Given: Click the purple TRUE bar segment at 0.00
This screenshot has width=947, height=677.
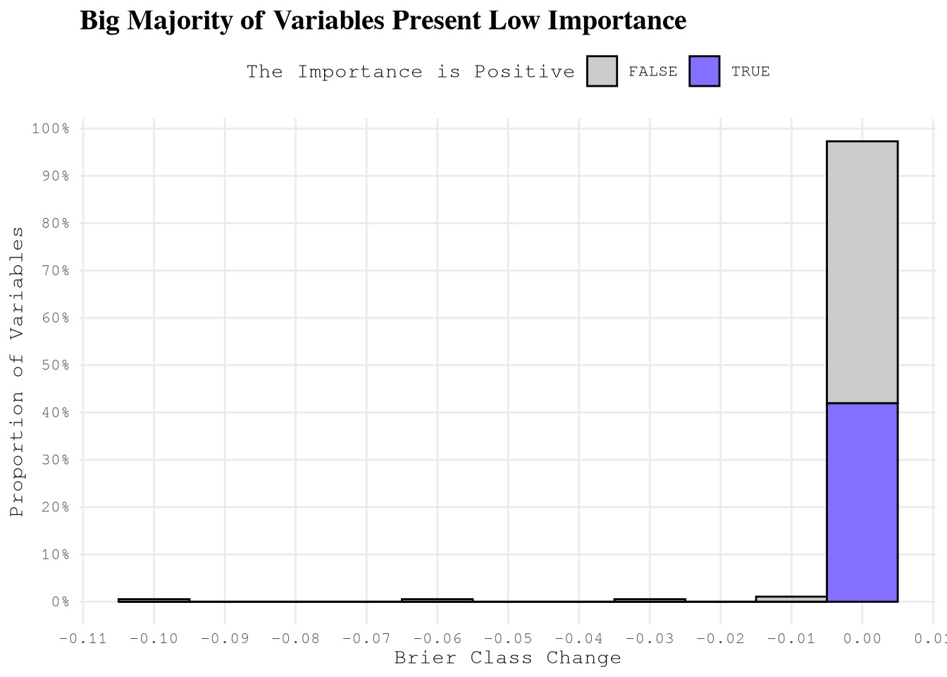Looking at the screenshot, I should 862,502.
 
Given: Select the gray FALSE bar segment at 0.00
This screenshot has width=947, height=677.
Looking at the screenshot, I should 862,272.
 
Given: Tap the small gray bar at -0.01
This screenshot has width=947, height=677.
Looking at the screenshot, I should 791,599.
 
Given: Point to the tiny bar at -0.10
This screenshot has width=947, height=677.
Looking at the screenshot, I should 154,600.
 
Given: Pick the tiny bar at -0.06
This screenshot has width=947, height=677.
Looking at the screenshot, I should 437,600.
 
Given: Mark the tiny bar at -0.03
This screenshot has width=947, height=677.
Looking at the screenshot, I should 649,600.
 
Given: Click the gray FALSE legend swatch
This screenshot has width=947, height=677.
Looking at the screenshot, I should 602,71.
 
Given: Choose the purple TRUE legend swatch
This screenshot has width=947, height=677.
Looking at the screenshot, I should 705,71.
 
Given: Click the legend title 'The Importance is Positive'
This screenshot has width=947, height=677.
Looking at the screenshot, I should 410,72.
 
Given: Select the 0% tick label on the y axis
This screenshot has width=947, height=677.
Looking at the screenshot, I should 59,602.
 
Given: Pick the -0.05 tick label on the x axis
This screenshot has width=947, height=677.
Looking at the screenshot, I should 507,639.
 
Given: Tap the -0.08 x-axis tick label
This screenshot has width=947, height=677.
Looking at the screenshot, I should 295,639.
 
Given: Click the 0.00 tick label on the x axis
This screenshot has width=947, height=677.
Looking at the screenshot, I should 862,639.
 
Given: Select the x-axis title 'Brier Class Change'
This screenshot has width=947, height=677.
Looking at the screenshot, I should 507,659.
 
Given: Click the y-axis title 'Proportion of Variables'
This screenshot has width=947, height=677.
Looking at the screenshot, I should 17,372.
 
